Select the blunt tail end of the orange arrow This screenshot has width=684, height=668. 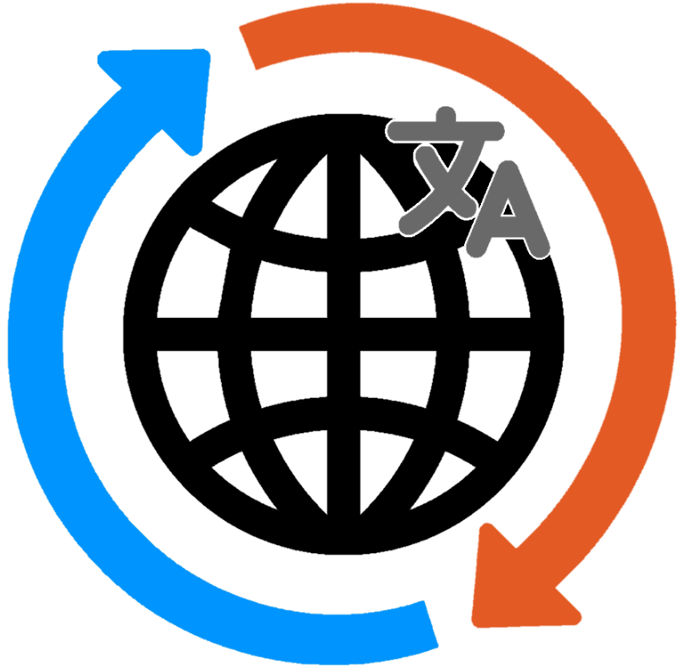tap(254, 45)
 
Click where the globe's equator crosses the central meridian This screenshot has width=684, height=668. tap(343, 334)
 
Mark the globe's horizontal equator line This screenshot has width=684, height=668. tap(205, 334)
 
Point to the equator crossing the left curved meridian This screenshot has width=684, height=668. tap(235, 334)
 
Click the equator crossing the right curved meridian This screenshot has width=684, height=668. tap(451, 334)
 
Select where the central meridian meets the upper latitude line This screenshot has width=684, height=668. tap(343, 255)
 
